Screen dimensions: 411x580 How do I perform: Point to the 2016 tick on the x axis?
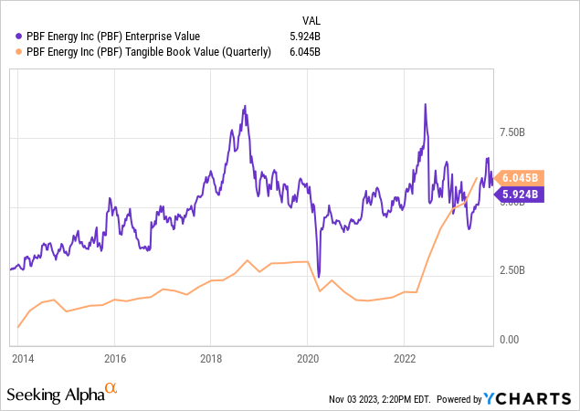(114, 359)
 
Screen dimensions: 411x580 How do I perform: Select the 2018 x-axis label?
(211, 359)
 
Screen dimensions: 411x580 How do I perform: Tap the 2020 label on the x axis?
(308, 359)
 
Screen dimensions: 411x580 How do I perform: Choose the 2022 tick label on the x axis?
(405, 359)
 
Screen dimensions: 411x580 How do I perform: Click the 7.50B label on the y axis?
(512, 132)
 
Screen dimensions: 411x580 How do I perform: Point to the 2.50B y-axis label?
(512, 271)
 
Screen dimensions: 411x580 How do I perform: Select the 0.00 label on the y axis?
(509, 340)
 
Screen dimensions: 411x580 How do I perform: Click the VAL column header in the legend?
(311, 19)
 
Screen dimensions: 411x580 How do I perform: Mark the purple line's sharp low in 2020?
(319, 276)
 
